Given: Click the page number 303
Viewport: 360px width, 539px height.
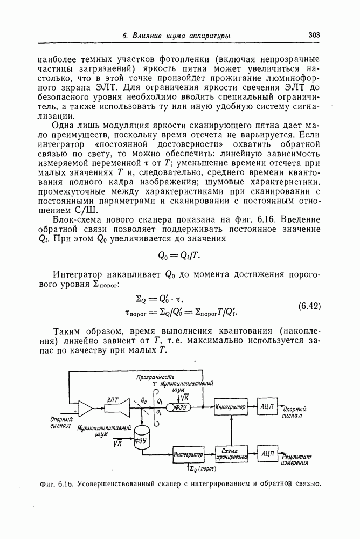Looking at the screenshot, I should pyautogui.click(x=315, y=35).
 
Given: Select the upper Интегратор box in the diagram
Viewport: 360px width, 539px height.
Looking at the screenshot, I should pyautogui.click(x=230, y=406).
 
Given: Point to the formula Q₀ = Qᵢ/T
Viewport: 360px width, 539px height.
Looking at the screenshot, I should pyautogui.click(x=180, y=255).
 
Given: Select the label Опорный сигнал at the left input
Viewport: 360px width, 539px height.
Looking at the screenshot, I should pyautogui.click(x=61, y=423).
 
